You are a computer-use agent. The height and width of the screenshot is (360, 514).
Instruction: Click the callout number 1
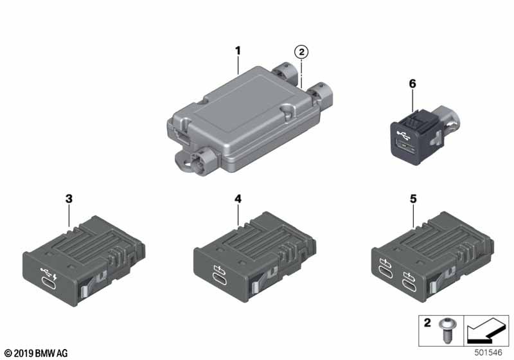click(238, 51)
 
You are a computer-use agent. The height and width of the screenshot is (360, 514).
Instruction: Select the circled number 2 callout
click(301, 52)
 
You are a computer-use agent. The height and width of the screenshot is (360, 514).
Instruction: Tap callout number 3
click(69, 199)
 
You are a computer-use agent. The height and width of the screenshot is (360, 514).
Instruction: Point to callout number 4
click(238, 199)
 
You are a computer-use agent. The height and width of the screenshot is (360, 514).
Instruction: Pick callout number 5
click(413, 199)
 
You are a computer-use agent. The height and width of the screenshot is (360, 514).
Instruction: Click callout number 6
click(412, 84)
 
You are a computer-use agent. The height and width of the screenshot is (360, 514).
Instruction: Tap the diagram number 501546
click(488, 352)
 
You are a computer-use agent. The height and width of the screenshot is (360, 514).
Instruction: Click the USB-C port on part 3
click(49, 283)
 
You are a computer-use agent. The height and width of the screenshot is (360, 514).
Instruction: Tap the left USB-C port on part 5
click(385, 272)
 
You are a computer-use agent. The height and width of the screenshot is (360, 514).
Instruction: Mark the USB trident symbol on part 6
click(405, 134)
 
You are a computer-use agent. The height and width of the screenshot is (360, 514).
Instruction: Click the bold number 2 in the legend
click(427, 323)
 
